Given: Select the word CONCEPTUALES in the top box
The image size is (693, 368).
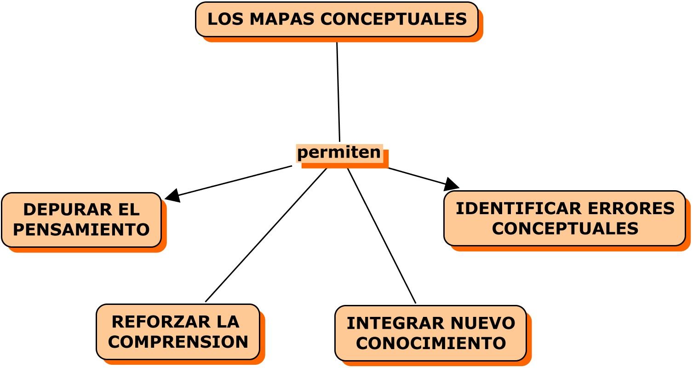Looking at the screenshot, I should [393, 19].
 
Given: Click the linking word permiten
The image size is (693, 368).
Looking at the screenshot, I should [339, 152].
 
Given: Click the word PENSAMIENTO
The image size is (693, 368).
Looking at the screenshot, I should [81, 229].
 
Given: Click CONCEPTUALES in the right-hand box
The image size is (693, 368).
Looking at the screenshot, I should [565, 228].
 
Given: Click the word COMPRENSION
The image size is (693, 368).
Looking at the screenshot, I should [178, 342].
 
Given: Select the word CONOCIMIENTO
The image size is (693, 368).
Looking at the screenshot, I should [431, 343].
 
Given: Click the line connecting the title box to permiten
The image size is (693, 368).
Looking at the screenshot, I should [338, 92].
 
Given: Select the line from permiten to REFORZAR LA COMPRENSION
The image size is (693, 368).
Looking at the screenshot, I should [266, 235].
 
